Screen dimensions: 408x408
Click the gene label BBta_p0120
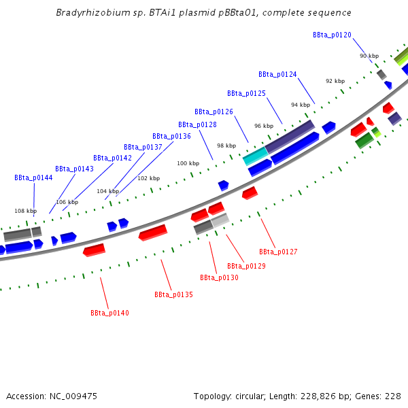[332, 35]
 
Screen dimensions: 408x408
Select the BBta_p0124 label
[277, 74]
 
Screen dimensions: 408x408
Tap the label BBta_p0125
[246, 93]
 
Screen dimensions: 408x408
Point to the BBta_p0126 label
[214, 112]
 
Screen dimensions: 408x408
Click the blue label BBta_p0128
[197, 124]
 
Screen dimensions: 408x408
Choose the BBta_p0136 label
[171, 136]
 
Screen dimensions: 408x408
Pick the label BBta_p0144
[33, 177]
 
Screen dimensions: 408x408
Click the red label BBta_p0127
[278, 252]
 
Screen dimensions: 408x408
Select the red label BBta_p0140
[109, 313]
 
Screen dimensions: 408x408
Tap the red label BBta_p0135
[173, 294]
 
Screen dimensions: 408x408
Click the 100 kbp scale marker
[188, 163]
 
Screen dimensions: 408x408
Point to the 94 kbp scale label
[300, 105]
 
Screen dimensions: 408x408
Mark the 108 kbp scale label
[25, 211]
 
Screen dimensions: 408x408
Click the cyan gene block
[255, 156]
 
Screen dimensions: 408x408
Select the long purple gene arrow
[290, 137]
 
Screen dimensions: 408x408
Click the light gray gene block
[220, 220]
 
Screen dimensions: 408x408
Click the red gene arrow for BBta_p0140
[94, 250]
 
